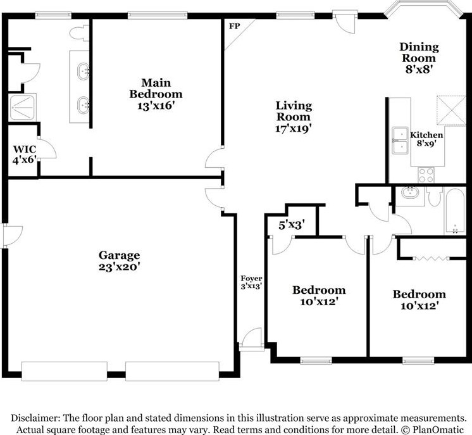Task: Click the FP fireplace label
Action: [235, 26]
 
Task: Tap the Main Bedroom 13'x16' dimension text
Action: [156, 106]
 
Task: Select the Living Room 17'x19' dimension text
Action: [293, 129]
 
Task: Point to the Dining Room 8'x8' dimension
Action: [419, 70]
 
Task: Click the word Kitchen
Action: [426, 135]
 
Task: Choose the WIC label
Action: [25, 149]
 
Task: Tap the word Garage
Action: [119, 255]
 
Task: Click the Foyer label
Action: [251, 279]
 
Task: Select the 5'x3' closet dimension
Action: [292, 225]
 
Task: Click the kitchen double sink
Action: [400, 141]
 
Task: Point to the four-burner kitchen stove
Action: [426, 175]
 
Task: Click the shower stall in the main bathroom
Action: [22, 107]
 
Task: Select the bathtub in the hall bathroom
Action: [454, 211]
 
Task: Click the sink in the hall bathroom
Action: [409, 192]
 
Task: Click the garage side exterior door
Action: [12, 236]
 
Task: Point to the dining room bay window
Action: [423, 11]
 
